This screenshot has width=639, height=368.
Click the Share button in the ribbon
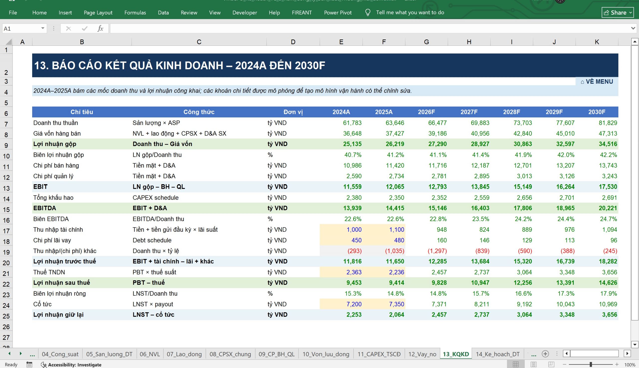[x=618, y=13]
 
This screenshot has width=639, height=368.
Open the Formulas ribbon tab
[x=135, y=13]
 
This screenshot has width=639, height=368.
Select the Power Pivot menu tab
[x=338, y=13]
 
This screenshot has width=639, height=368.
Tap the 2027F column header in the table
[x=469, y=112]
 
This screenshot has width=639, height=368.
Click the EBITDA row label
[x=45, y=208]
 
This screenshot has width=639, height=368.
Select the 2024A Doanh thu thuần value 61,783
[x=352, y=123]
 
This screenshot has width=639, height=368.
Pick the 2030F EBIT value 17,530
[x=608, y=187]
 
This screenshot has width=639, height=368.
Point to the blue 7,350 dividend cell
[x=396, y=304]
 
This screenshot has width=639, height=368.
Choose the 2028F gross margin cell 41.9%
[x=523, y=155]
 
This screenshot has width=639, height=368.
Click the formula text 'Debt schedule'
[x=152, y=240]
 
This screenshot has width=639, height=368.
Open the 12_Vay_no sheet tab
[x=422, y=354]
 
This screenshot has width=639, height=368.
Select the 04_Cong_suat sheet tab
[x=60, y=354]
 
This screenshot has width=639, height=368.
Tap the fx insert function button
[x=100, y=28]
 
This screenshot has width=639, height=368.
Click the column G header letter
[x=426, y=42]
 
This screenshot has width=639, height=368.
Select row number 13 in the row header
[x=6, y=188]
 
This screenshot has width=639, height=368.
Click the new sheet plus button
[x=545, y=354]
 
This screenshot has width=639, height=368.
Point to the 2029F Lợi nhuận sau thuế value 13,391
[x=565, y=283]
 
